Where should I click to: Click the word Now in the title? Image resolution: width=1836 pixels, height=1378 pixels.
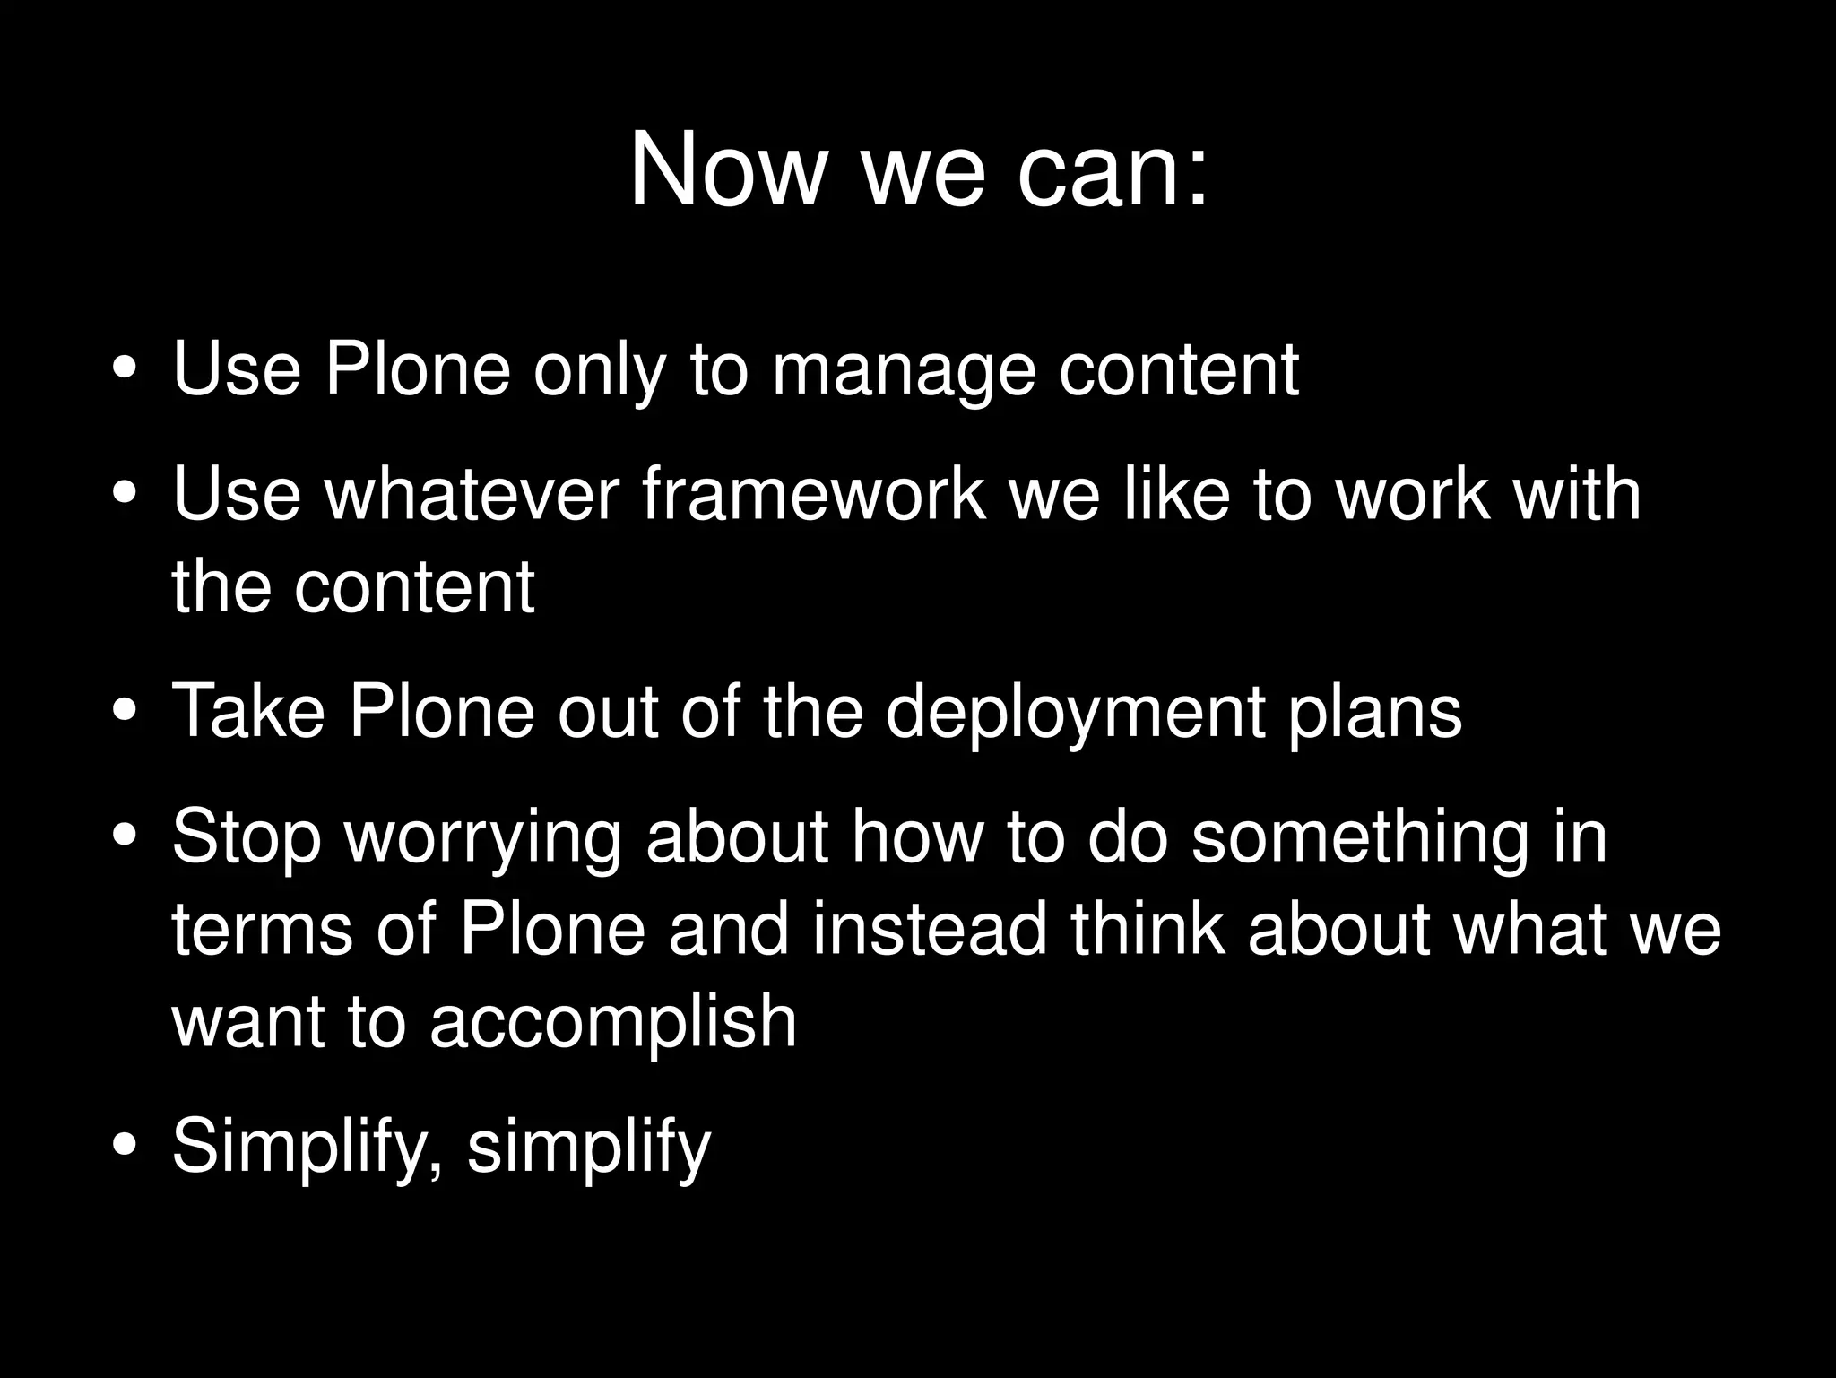point(724,170)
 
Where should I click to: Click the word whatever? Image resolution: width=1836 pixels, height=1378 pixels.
point(472,495)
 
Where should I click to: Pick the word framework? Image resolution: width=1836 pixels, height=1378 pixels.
point(814,495)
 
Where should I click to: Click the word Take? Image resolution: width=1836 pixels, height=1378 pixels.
point(248,711)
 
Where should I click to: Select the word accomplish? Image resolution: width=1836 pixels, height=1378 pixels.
point(613,1022)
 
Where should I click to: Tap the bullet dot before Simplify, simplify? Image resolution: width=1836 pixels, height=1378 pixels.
point(126,1147)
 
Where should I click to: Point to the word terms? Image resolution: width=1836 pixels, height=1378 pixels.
point(262,930)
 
